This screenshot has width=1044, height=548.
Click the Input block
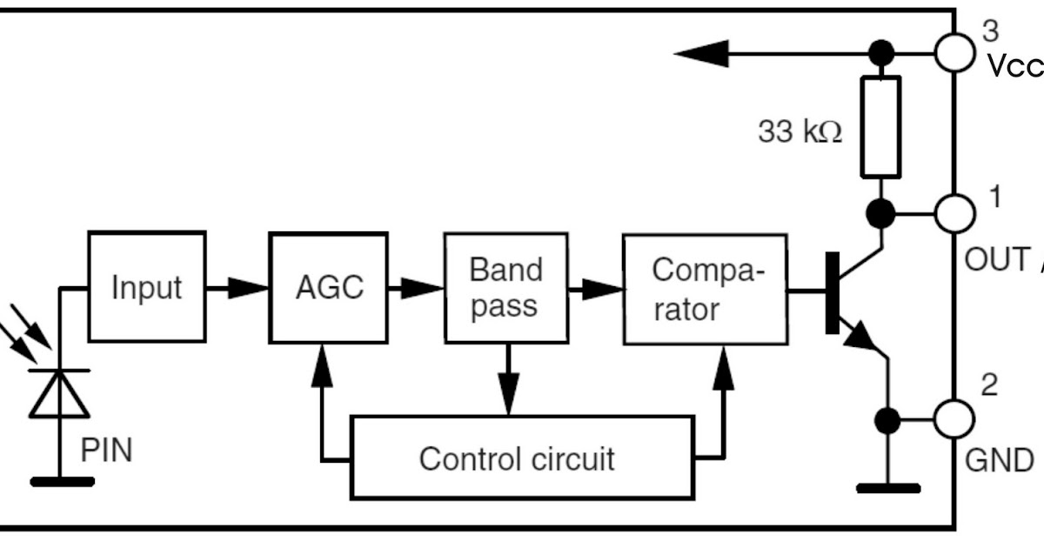tap(147, 287)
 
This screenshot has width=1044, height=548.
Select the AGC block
tap(328, 287)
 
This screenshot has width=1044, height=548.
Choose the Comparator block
tap(705, 289)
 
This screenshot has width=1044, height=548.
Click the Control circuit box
tap(522, 458)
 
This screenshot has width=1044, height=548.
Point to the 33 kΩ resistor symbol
tap(881, 127)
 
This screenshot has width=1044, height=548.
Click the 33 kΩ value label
tap(800, 132)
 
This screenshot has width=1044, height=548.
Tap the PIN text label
tap(106, 451)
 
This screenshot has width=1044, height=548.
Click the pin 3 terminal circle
tap(954, 52)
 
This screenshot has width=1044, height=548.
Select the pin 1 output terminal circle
tap(954, 211)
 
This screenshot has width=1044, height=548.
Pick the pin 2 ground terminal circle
tap(954, 420)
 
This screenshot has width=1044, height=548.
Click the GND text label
tap(1000, 459)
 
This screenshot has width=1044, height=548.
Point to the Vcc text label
tap(1014, 67)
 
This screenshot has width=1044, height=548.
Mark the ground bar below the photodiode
tap(61, 481)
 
